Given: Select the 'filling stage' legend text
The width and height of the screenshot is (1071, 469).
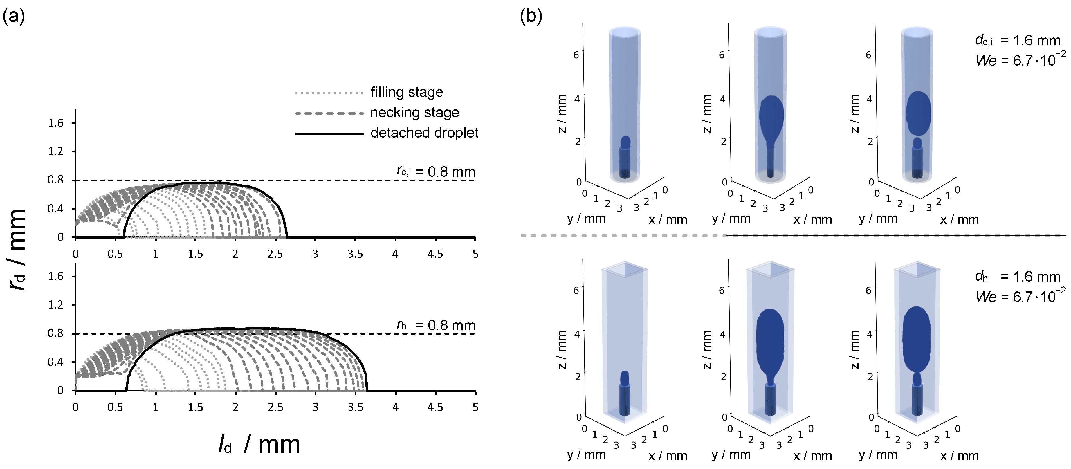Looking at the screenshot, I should [406, 92].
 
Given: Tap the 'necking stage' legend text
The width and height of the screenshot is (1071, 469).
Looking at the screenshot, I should [414, 112].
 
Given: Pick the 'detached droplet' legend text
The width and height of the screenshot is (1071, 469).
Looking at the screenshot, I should [424, 133].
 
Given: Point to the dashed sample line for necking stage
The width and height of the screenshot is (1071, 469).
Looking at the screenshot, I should [329, 113].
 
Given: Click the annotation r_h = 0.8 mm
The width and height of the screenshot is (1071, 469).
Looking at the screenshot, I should [435, 325].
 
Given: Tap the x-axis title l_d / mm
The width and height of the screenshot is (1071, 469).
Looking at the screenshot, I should [259, 444].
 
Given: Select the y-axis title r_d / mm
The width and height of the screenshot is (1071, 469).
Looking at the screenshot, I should [17, 250].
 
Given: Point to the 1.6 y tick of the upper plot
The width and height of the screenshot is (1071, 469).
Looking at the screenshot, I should [55, 123].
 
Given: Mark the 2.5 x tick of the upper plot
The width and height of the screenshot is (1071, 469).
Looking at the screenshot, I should [275, 254].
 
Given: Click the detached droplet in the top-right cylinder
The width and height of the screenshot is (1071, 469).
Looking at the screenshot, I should [918, 113].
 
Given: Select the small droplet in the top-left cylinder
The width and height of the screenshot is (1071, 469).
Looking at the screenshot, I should [625, 142].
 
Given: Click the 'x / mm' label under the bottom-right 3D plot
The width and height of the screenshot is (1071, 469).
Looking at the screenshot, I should [959, 456].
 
